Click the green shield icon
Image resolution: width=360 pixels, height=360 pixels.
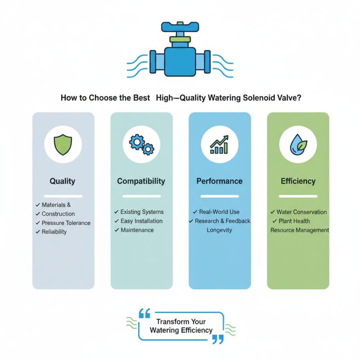(x=63, y=144)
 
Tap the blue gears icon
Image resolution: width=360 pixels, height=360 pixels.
(x=142, y=144)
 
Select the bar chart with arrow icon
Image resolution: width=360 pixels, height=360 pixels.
(x=220, y=144)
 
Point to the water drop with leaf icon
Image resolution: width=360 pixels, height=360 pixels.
(x=298, y=144)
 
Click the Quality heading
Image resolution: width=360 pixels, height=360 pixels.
(x=63, y=181)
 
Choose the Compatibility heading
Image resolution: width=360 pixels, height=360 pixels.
(x=141, y=181)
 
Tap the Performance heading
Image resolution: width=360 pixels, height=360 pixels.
(x=220, y=181)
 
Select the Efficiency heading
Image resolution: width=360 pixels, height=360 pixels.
(x=298, y=181)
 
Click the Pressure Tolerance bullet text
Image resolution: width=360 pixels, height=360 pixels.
(x=66, y=223)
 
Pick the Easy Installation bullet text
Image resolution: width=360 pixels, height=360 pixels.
(x=142, y=221)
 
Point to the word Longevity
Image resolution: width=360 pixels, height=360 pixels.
(x=220, y=230)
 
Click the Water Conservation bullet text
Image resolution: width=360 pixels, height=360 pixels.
(x=301, y=212)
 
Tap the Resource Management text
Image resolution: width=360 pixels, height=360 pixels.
(x=300, y=230)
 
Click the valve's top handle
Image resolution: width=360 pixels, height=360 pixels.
(x=180, y=27)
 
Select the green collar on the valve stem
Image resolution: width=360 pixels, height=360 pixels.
(x=180, y=39)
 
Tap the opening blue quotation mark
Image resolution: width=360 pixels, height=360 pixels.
(x=144, y=313)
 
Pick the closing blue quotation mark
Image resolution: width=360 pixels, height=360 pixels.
(x=218, y=339)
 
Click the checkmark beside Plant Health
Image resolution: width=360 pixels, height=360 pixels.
(x=274, y=221)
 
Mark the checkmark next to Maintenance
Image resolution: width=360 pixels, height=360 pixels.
(x=117, y=230)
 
